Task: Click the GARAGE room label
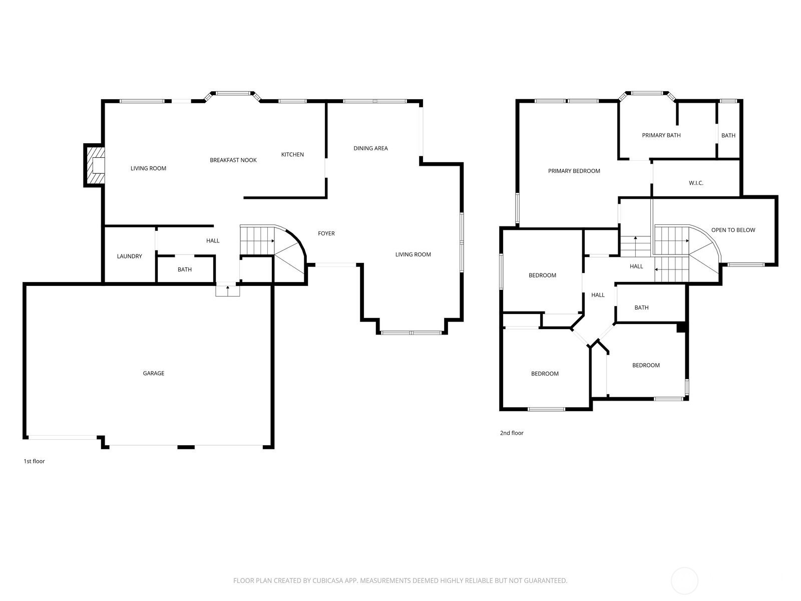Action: pyautogui.click(x=153, y=373)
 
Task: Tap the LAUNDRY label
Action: pyautogui.click(x=129, y=256)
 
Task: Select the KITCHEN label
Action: pyautogui.click(x=292, y=155)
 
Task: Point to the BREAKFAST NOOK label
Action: pyautogui.click(x=233, y=160)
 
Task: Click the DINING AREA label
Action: pyautogui.click(x=370, y=148)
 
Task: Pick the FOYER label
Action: pyautogui.click(x=326, y=233)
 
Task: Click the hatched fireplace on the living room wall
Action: pyautogui.click(x=95, y=165)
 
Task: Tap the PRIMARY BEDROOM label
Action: pyautogui.click(x=574, y=171)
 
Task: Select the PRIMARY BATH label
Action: pyautogui.click(x=661, y=135)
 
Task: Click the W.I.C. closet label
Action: pyautogui.click(x=695, y=183)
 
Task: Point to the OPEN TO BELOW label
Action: pyautogui.click(x=733, y=230)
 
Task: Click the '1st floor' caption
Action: pyautogui.click(x=34, y=461)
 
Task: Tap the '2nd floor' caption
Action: pyautogui.click(x=511, y=433)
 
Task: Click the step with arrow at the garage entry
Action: pyautogui.click(x=227, y=290)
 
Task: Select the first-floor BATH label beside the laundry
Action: pyautogui.click(x=184, y=269)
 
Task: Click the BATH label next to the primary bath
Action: pyautogui.click(x=728, y=135)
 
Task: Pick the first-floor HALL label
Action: pyautogui.click(x=212, y=241)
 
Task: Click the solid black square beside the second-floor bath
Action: pyautogui.click(x=681, y=328)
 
